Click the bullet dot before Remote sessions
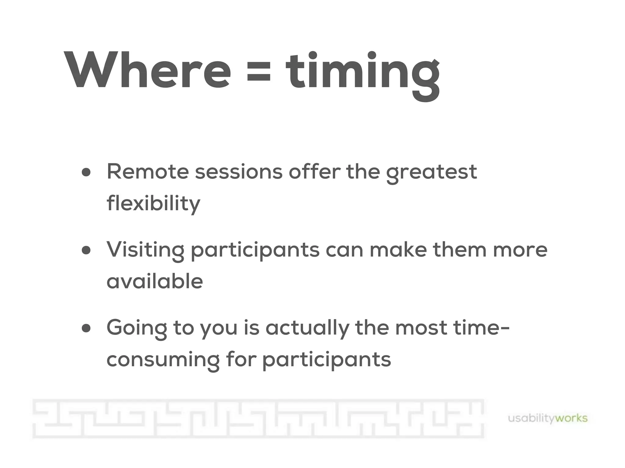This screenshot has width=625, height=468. (x=86, y=172)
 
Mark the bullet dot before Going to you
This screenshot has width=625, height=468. (x=86, y=328)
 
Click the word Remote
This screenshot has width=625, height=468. (x=148, y=172)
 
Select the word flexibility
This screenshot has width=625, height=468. (x=154, y=204)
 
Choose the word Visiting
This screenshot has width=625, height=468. (x=145, y=250)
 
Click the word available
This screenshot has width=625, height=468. (x=155, y=281)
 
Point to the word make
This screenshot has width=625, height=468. (x=398, y=250)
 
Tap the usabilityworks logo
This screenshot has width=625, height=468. (x=547, y=418)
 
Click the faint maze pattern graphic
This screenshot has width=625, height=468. (x=258, y=419)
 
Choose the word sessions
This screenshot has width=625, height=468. (x=239, y=172)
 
